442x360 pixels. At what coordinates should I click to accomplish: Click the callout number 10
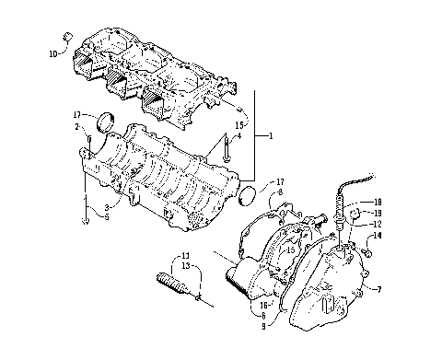tap(52, 55)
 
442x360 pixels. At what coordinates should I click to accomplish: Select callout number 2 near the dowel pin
tap(78, 129)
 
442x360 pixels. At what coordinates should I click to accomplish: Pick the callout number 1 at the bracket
tap(270, 136)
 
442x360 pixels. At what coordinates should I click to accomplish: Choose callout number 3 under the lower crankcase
tap(108, 207)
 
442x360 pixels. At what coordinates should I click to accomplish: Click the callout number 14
tap(377, 237)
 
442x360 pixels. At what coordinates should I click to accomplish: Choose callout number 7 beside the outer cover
tap(377, 290)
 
